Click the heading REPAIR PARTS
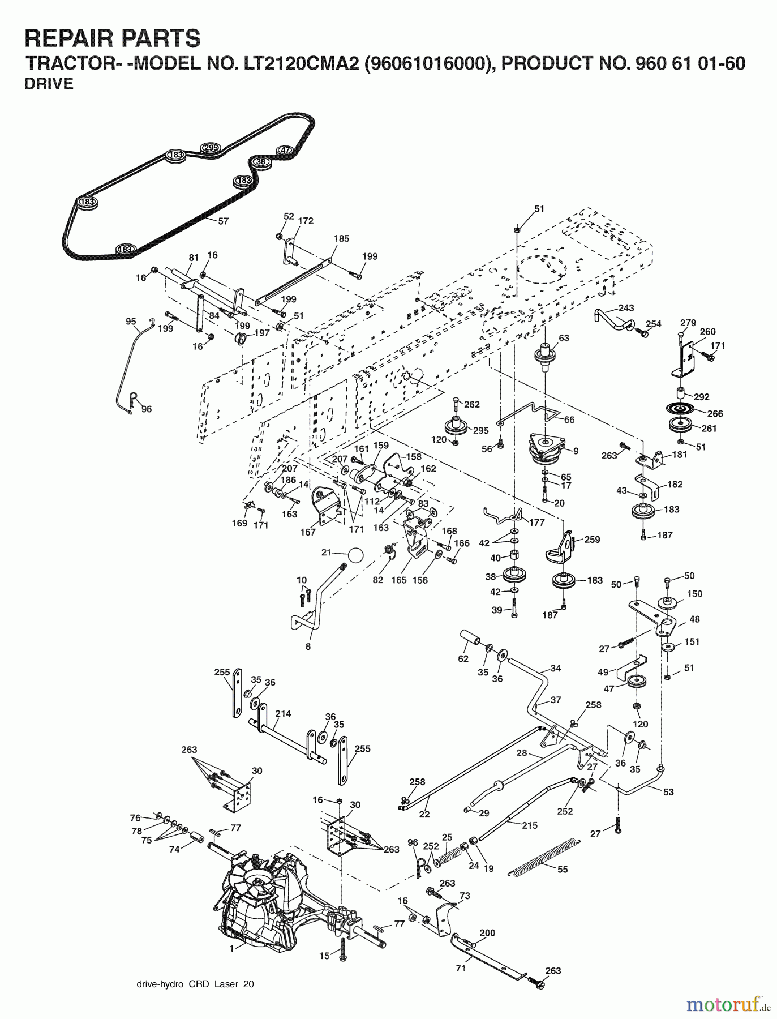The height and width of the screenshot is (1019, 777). [113, 38]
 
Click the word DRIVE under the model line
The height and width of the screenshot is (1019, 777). [49, 84]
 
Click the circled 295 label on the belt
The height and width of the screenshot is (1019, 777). [210, 148]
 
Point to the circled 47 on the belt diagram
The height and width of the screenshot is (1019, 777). [284, 150]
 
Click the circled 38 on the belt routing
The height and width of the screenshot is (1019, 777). [261, 162]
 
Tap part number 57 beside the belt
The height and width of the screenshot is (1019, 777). [224, 221]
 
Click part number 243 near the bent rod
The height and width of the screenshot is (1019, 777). [626, 308]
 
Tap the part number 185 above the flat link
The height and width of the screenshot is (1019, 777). [341, 239]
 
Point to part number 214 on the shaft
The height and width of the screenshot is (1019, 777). [283, 713]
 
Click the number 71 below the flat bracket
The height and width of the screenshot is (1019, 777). [461, 968]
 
